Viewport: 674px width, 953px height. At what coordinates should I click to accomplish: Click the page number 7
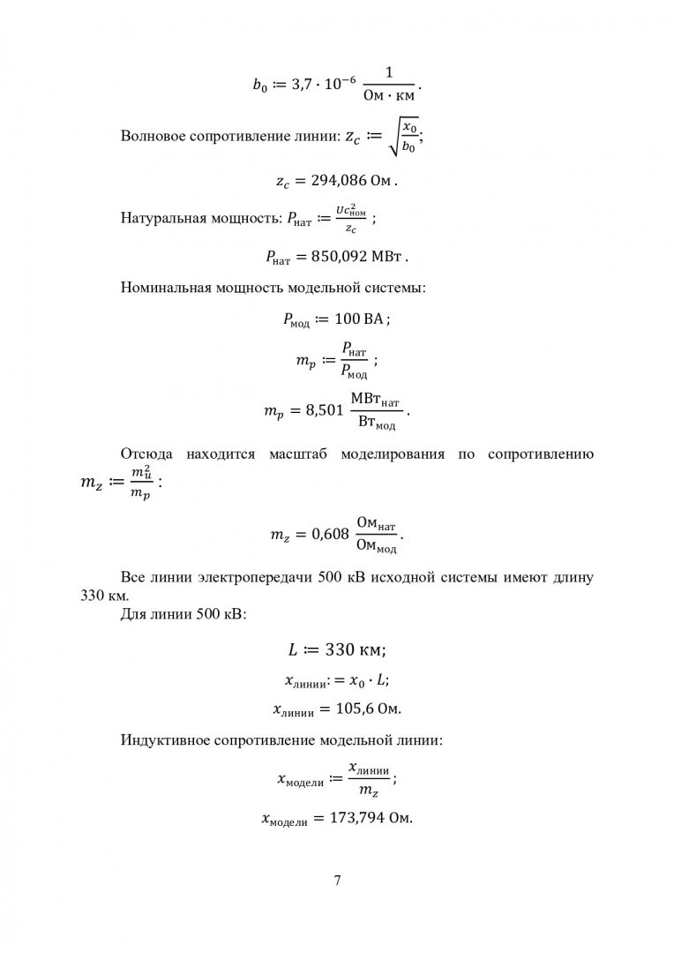tap(337, 881)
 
